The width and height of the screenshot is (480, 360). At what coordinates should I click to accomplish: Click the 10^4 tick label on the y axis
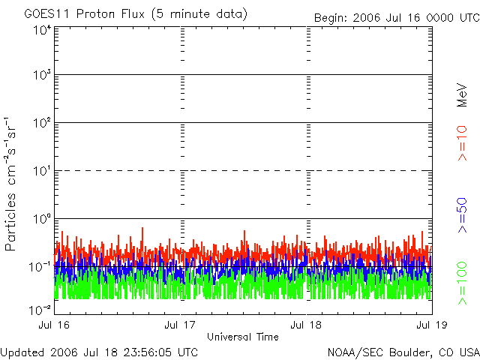(x=41, y=31)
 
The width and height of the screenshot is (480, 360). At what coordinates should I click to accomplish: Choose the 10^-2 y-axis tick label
(x=40, y=309)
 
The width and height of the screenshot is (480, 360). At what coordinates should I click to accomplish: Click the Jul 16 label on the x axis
(x=55, y=325)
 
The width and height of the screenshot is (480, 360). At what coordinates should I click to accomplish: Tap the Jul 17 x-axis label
(x=180, y=325)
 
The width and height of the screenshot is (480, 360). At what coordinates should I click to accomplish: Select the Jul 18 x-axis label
(x=306, y=325)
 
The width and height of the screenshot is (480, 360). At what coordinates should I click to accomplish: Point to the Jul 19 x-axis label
(x=430, y=325)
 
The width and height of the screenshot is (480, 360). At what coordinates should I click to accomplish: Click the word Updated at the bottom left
(x=22, y=352)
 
